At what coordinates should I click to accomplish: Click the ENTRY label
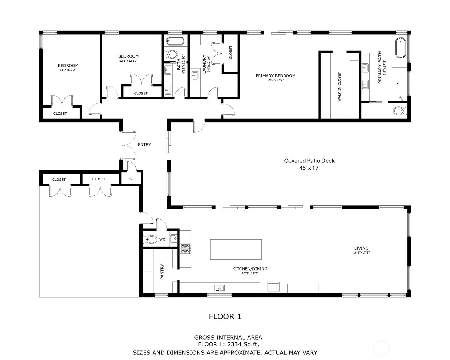coord(144,144)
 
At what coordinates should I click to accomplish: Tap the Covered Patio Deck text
coord(309,161)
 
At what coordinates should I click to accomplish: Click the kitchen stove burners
coord(186,248)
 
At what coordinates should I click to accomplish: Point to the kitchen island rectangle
coord(236,249)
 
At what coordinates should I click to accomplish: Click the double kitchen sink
coord(220,288)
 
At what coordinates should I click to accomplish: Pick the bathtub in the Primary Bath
coord(400,48)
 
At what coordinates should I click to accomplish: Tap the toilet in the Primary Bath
coord(399,111)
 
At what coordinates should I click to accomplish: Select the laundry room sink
coord(195,76)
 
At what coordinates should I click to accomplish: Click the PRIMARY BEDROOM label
coord(275,76)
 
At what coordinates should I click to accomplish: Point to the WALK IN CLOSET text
coord(339,87)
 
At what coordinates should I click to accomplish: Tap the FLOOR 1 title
coord(225,316)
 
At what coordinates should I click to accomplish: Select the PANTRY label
coord(162,272)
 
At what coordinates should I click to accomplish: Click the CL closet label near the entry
coord(131,179)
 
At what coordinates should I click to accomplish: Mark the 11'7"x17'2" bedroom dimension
coord(68,70)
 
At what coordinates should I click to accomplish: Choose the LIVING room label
coord(361,248)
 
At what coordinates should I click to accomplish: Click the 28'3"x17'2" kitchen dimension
coord(250,273)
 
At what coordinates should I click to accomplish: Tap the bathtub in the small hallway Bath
coord(175,41)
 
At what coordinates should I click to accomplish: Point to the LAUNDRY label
coord(204,64)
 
